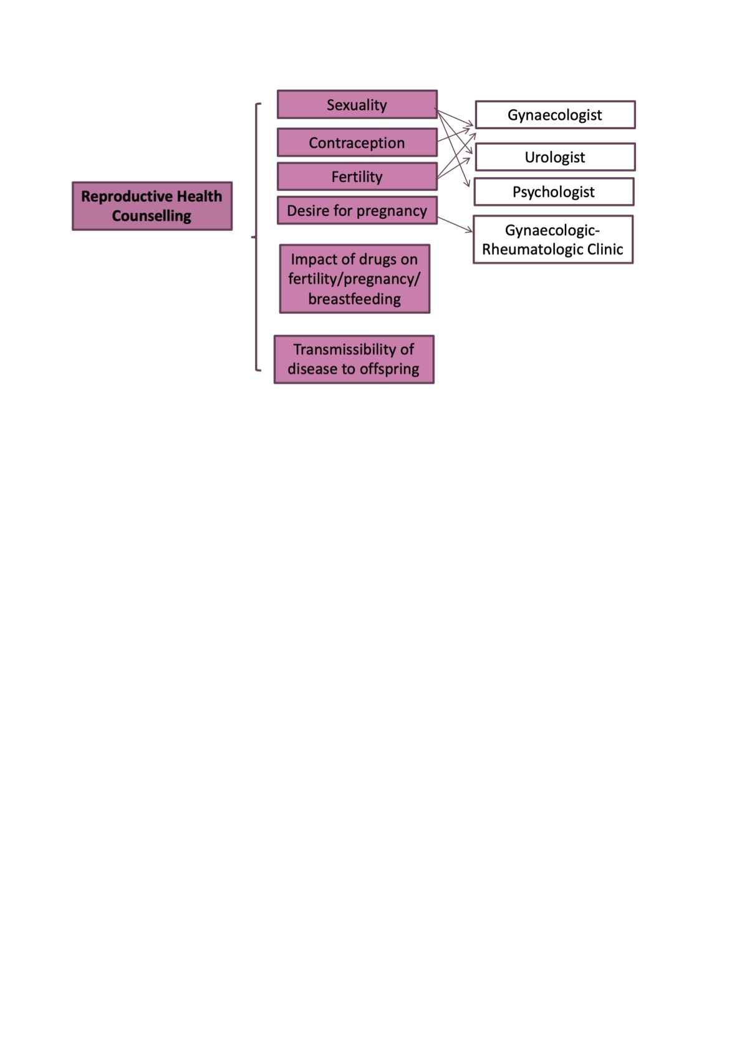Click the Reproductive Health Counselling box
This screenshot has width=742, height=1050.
[152, 206]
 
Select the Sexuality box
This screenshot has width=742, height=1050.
[357, 105]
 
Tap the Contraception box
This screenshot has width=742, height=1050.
[357, 143]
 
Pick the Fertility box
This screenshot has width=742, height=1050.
[357, 177]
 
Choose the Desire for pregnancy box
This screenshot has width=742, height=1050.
[357, 211]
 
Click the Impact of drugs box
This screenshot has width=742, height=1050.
[354, 279]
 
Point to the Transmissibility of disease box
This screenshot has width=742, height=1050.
[354, 359]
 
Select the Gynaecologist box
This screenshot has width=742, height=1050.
[555, 115]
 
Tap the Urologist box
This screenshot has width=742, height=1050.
[555, 157]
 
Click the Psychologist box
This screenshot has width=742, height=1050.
[554, 192]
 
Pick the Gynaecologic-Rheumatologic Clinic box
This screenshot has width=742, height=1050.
[553, 240]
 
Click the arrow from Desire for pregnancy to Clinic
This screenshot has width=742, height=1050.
[455, 225]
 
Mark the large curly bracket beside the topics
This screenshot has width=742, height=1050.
[256, 237]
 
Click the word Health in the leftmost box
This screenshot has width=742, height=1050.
[199, 197]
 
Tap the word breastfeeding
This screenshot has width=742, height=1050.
[354, 299]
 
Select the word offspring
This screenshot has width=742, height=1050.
[390, 369]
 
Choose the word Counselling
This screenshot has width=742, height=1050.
[152, 216]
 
